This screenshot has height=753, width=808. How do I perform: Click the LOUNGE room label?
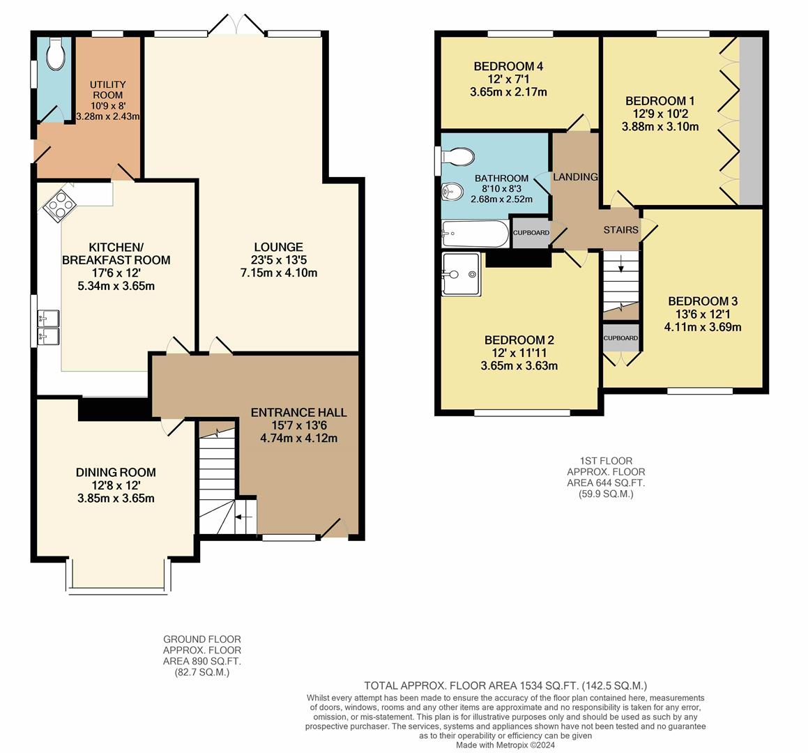pyautogui.click(x=278, y=247)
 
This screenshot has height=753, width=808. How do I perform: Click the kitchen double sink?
pyautogui.click(x=49, y=328)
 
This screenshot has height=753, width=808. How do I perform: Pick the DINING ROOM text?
pyautogui.click(x=116, y=472)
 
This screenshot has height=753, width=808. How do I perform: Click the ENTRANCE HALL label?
pyautogui.click(x=298, y=412)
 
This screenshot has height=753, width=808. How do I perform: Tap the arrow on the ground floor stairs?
pyautogui.click(x=244, y=517)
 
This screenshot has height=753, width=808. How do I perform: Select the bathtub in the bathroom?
pyautogui.click(x=475, y=234)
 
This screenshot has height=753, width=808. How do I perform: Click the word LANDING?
pyautogui.click(x=575, y=177)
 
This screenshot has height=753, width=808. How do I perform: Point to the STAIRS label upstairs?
pyautogui.click(x=620, y=230)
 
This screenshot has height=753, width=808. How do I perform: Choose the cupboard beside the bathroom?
pyautogui.click(x=531, y=233)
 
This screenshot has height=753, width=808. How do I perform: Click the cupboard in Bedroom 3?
pyautogui.click(x=620, y=337)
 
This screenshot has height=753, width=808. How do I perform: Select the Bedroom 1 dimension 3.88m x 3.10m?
pyautogui.click(x=660, y=127)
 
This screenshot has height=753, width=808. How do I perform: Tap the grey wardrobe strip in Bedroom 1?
pyautogui.click(x=750, y=120)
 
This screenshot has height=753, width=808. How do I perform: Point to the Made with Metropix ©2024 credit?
pyautogui.click(x=505, y=745)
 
